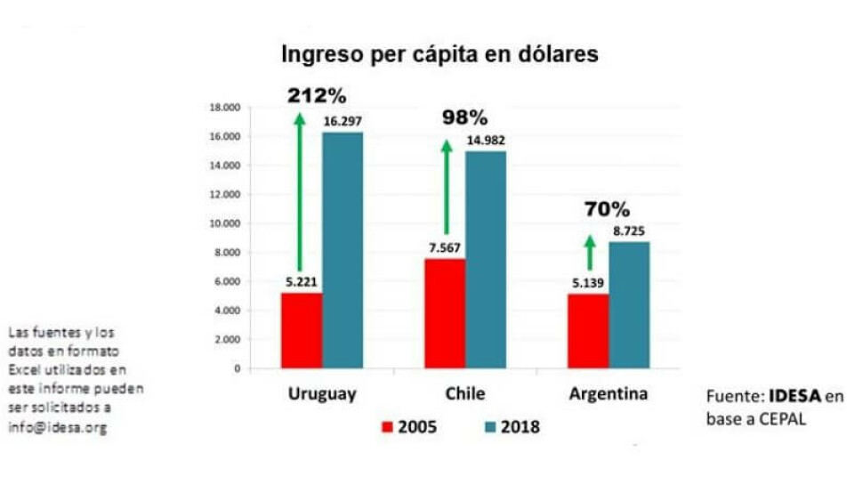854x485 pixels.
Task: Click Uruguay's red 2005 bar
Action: point(302,330)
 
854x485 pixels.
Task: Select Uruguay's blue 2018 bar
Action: point(342,250)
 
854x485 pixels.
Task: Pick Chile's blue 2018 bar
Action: point(486,259)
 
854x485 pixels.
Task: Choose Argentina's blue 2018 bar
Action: point(630,304)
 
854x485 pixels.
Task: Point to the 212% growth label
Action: point(316,95)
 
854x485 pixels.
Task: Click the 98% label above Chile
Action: point(465,117)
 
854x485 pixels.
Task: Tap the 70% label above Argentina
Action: point(607,210)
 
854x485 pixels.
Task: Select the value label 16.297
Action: point(342,121)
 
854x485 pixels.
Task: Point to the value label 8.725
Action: point(629,230)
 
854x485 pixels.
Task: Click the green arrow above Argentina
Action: point(589,252)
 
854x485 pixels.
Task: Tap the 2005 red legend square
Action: point(387,427)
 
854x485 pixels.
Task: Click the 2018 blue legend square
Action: point(489,427)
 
